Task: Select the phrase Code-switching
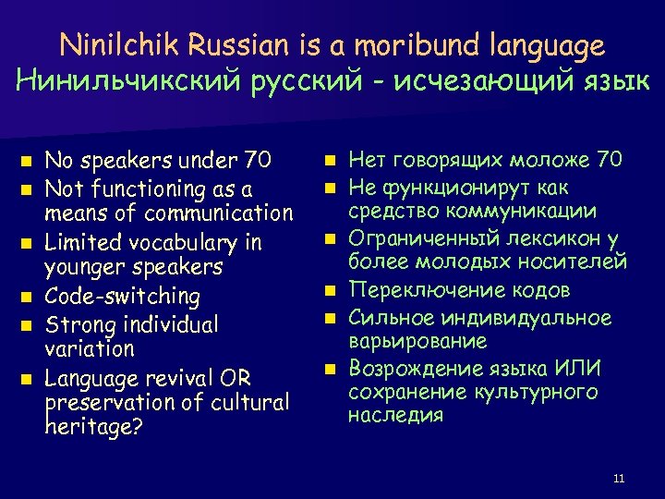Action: [x=123, y=297]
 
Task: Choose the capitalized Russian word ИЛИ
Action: [x=578, y=368]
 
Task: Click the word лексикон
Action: [x=537, y=240]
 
